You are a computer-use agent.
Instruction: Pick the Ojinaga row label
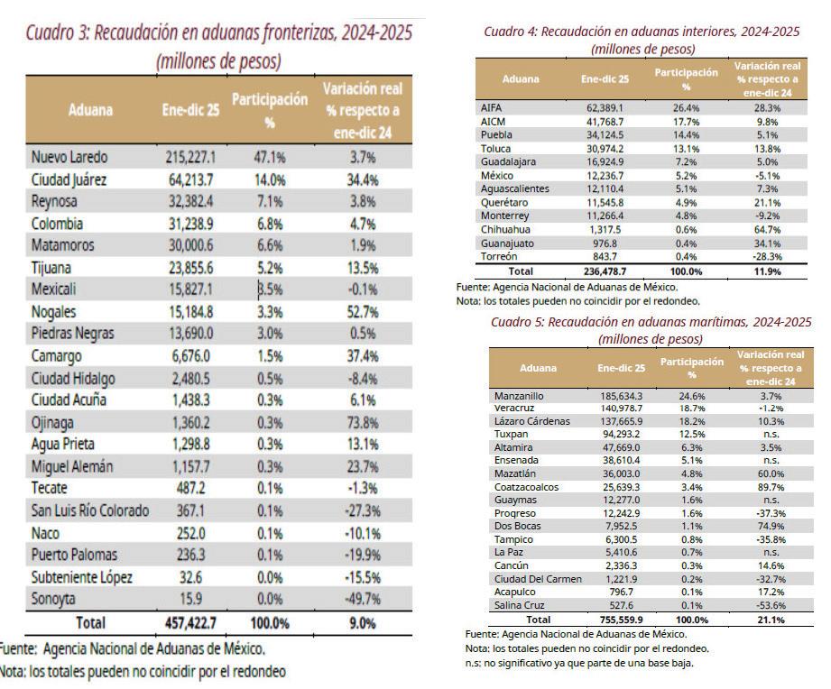tap(53, 422)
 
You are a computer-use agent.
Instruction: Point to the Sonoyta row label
tap(54, 599)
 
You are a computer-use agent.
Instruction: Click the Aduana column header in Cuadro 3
tap(90, 111)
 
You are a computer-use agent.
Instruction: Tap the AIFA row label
tap(492, 107)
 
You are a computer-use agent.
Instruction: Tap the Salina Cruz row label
tap(522, 605)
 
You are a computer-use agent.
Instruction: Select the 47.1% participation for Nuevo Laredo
tap(271, 157)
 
